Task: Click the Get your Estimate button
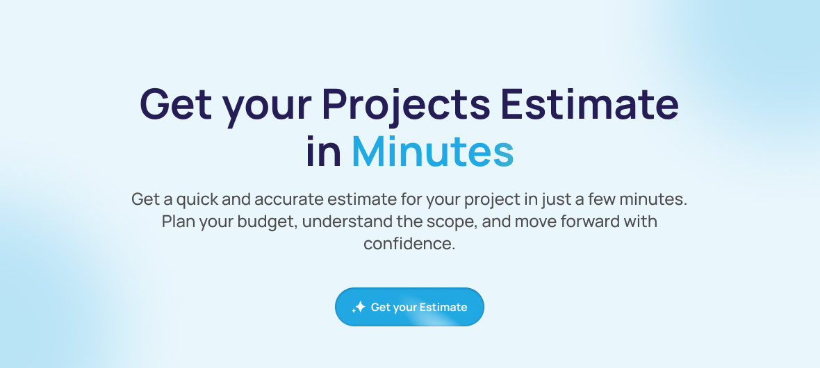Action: [409, 307]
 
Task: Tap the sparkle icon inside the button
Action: [358, 308]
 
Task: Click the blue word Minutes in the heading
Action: [432, 152]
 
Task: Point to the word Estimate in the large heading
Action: [590, 104]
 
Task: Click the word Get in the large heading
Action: [176, 104]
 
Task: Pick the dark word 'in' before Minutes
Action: [323, 152]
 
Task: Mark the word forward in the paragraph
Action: [590, 221]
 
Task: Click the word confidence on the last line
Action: [409, 244]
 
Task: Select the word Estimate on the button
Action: [443, 308]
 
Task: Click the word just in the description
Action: [555, 200]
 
